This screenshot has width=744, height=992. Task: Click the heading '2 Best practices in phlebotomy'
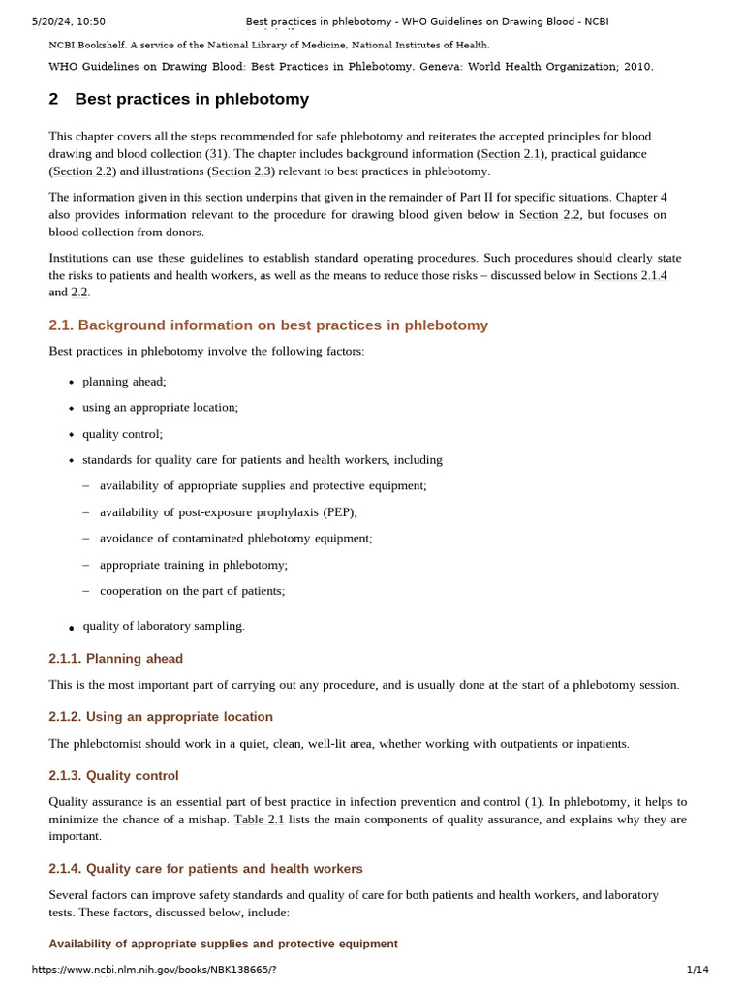coord(179,99)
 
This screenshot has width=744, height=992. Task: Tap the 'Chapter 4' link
coord(641,197)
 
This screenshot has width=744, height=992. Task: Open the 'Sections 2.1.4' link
coord(630,275)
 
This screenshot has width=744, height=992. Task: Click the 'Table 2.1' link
coord(259,820)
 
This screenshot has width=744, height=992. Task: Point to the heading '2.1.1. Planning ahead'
coord(115,659)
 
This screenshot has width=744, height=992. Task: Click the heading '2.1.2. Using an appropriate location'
coord(161,717)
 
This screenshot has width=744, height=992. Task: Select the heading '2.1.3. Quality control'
coord(113,776)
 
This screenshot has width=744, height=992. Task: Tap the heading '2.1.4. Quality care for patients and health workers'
coord(205,869)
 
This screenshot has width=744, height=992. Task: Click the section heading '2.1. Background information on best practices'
coord(268,325)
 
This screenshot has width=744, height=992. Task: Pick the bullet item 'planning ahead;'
coord(124,382)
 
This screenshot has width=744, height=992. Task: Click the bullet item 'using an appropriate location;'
coord(160,408)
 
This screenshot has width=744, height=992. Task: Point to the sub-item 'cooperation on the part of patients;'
coord(192,591)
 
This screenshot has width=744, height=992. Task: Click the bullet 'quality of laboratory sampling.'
coord(164,627)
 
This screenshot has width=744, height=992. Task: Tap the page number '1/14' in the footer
coord(697,970)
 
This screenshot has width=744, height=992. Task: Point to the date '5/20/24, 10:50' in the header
coord(69,21)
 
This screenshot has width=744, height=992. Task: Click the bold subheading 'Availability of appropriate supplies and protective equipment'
coord(223,944)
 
